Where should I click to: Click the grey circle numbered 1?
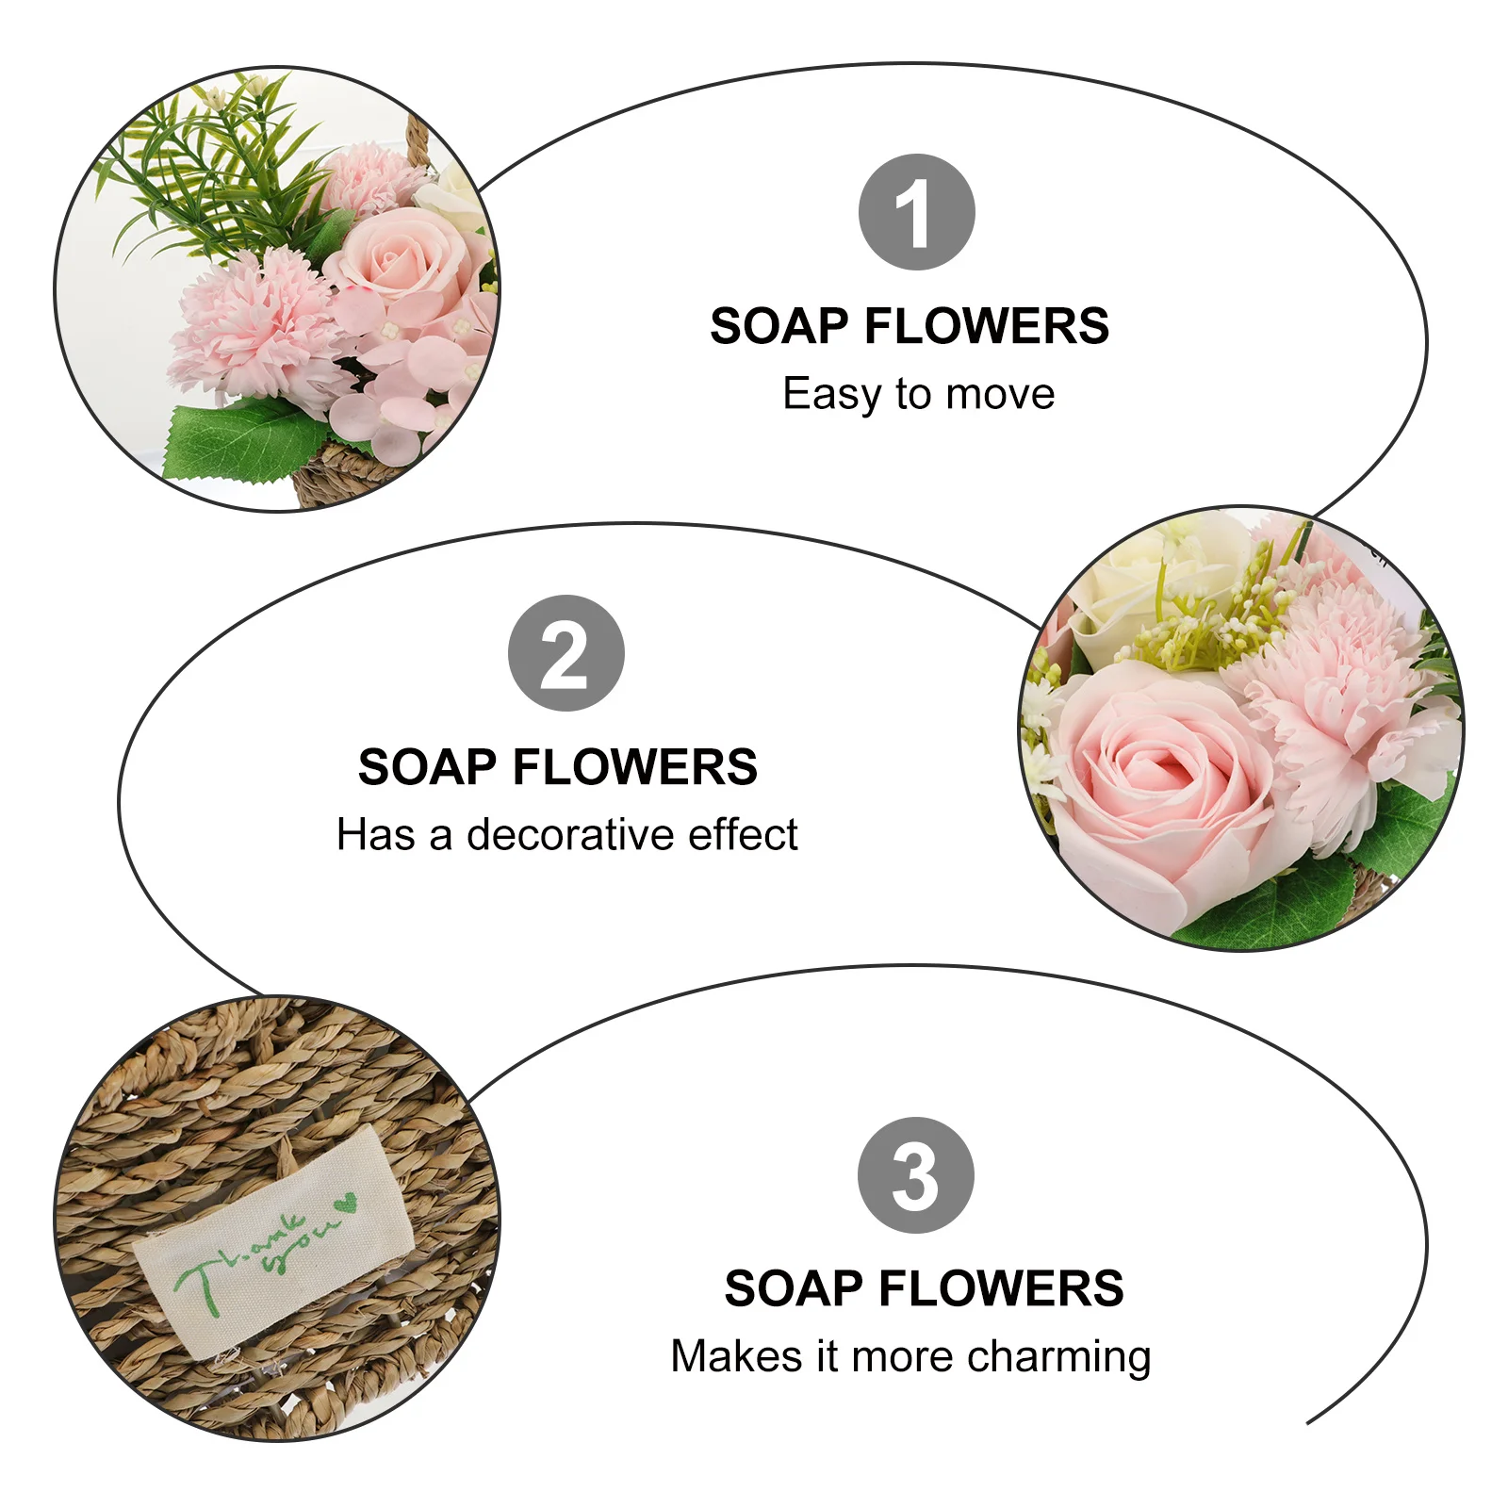(x=916, y=212)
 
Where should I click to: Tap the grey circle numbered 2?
(x=565, y=653)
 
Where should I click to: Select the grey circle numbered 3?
(x=915, y=1175)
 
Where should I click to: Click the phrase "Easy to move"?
(x=918, y=394)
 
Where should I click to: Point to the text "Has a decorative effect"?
(x=566, y=835)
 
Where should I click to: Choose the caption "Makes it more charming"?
(x=910, y=1357)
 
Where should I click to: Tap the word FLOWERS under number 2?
(x=634, y=767)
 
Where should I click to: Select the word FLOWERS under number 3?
(x=1001, y=1288)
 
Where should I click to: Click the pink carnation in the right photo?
(x=1338, y=679)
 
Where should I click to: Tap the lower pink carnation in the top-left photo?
(x=250, y=325)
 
